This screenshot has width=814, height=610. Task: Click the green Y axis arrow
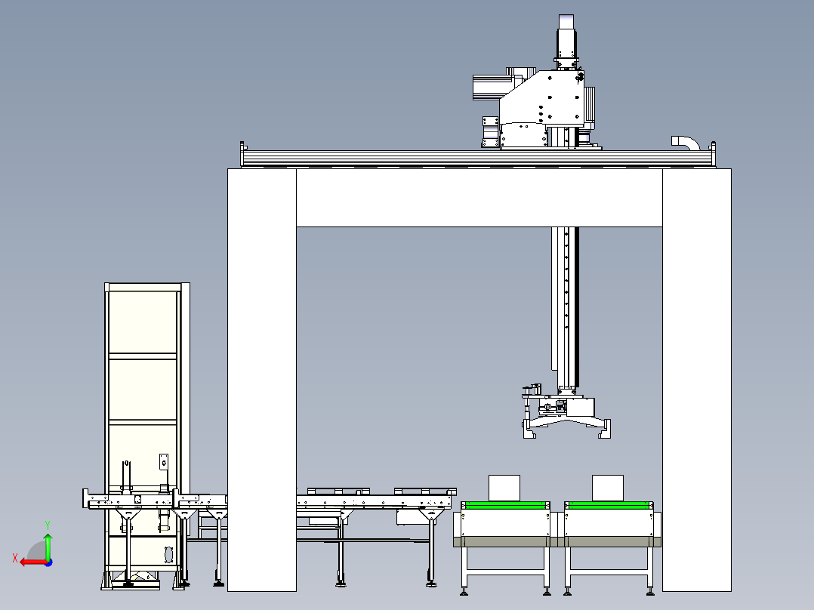tap(48, 542)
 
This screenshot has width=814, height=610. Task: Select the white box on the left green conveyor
tap(504, 488)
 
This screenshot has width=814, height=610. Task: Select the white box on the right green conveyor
tap(607, 488)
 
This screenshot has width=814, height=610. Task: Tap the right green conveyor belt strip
tap(609, 504)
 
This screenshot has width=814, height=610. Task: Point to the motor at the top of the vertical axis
tap(567, 34)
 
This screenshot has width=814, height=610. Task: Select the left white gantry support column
tap(261, 377)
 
